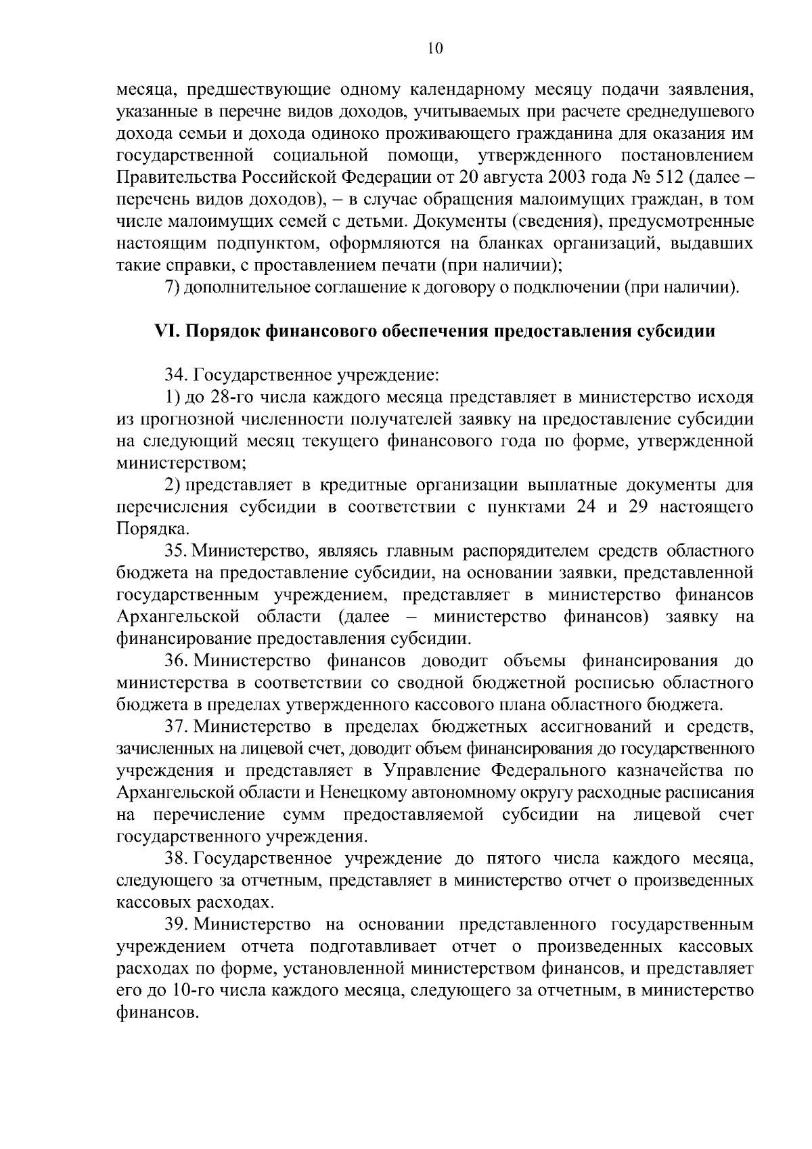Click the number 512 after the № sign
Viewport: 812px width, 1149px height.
pos(667,179)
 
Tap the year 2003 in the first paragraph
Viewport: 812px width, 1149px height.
pos(566,179)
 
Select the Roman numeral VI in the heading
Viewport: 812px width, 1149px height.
pos(166,332)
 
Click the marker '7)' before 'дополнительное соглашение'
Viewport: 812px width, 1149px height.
pos(172,288)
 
